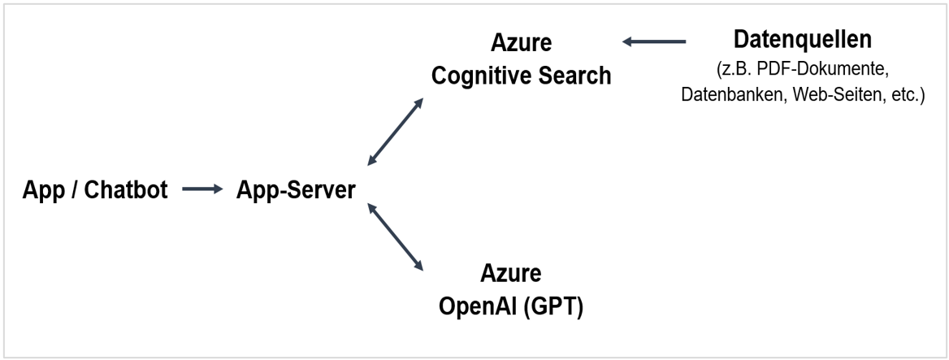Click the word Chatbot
tap(127, 191)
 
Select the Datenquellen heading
tap(802, 39)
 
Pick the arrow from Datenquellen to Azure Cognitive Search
tap(655, 41)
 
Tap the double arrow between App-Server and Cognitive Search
tap(396, 132)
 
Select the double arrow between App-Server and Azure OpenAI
tap(396, 236)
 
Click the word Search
tap(573, 76)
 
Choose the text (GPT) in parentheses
tap(555, 308)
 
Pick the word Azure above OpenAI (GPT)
tap(511, 272)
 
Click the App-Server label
tap(296, 191)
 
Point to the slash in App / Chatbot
tap(69, 191)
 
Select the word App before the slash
tap(43, 191)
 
